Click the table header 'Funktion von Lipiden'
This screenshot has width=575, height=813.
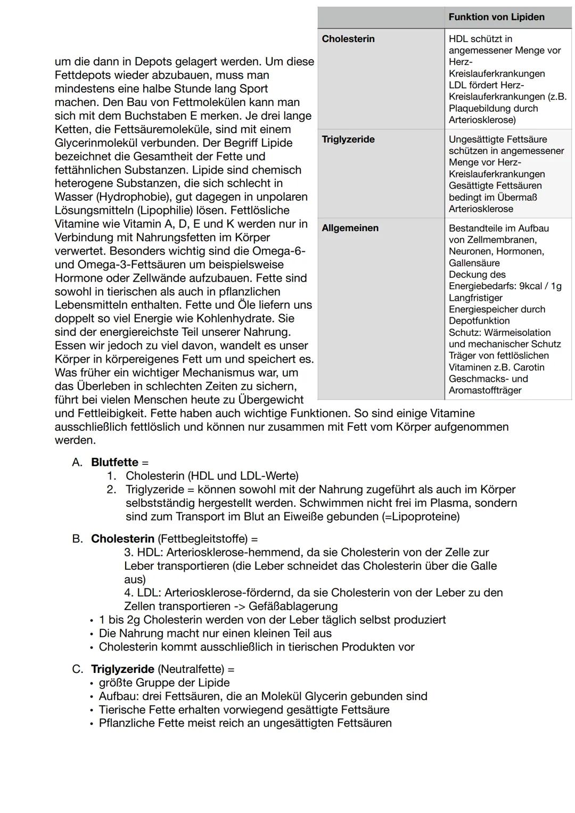pyautogui.click(x=496, y=17)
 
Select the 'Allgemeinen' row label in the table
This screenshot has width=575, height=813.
pyautogui.click(x=350, y=228)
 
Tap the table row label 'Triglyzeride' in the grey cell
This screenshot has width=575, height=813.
pyautogui.click(x=348, y=139)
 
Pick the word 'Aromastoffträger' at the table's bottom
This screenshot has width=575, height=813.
pyautogui.click(x=485, y=390)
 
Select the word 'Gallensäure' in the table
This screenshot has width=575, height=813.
pyautogui.click(x=474, y=263)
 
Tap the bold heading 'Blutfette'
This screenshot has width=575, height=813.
pyautogui.click(x=114, y=462)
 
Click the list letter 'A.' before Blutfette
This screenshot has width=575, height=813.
pyautogui.click(x=78, y=462)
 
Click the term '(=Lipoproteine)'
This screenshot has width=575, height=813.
pyautogui.click(x=421, y=516)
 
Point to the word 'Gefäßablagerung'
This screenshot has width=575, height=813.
pyautogui.click(x=293, y=606)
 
